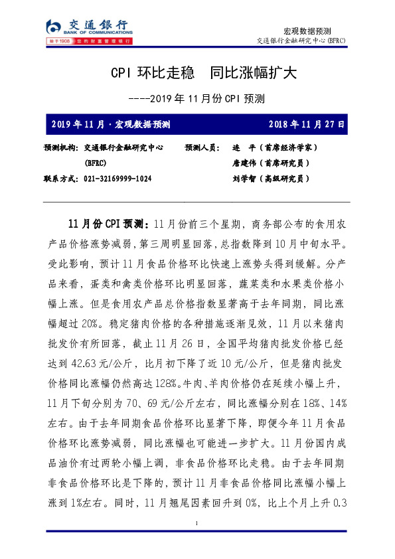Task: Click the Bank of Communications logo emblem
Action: click(x=53, y=27)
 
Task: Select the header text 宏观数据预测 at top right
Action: click(x=307, y=31)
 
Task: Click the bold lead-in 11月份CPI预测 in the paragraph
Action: click(x=107, y=222)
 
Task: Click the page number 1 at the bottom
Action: click(x=197, y=524)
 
